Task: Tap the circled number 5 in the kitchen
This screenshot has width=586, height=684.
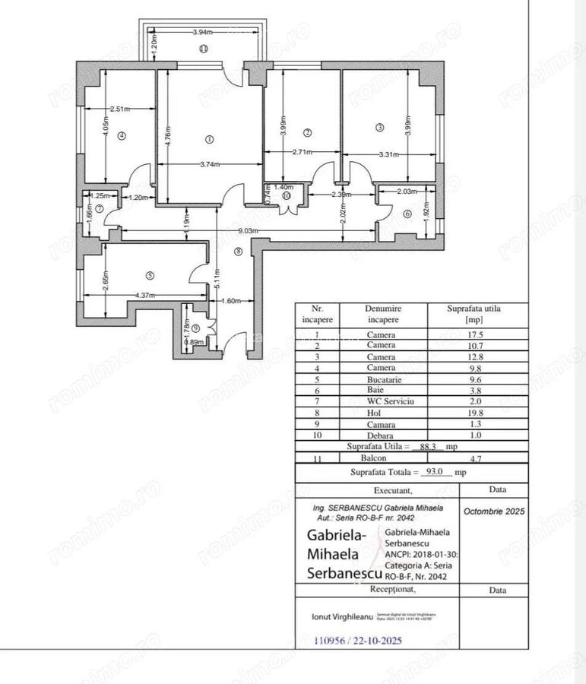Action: [150, 275]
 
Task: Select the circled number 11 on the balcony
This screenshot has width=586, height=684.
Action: [203, 49]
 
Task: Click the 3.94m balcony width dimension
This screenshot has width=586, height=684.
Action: [201, 32]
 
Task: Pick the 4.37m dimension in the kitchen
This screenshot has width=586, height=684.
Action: [145, 295]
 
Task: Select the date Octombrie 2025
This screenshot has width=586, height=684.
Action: [494, 511]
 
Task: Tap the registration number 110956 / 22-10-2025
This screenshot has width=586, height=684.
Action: [358, 641]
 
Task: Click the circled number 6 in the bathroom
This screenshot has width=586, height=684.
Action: [407, 214]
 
